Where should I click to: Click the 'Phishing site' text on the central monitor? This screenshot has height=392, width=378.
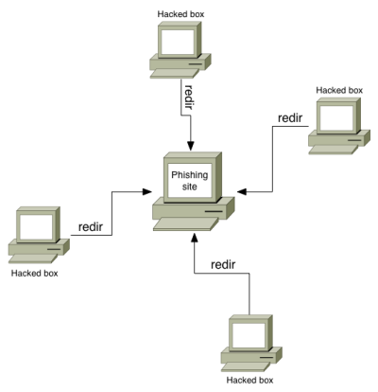coord(190,181)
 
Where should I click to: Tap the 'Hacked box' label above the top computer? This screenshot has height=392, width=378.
coord(180,14)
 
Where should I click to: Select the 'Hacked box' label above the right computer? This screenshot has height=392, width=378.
coord(339,90)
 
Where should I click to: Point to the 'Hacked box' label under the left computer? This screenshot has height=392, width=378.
coord(35,273)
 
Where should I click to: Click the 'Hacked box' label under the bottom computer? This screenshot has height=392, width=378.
coord(249,380)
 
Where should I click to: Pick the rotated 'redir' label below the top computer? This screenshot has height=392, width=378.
coord(188,97)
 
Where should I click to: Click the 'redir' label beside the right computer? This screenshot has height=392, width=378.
coord(290,118)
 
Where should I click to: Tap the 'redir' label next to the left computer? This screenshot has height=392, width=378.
coord(91,226)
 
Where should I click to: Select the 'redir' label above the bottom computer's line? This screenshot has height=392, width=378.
coord(223,264)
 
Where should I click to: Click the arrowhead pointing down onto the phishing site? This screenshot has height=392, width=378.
coord(191,146)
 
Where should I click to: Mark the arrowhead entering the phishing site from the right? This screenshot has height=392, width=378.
coord(242,191)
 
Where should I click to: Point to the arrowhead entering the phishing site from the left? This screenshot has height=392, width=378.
coord(147,191)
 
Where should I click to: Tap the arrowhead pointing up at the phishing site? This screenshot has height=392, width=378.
coord(195,238)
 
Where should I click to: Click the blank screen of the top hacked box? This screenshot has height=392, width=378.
coord(177,42)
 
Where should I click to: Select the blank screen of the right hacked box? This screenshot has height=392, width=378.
coord(335,118)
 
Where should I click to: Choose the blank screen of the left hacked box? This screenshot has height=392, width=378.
coord(36,227)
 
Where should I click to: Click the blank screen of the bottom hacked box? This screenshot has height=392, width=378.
coord(249,335)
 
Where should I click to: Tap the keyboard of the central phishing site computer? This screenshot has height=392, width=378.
coord(186,224)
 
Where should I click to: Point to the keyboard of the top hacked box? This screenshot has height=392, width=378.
coord(175,73)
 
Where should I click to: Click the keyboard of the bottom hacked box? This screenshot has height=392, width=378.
coord(246,366)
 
